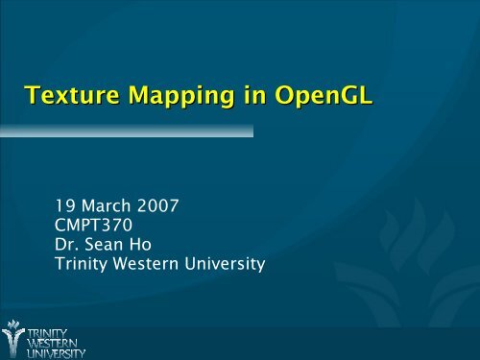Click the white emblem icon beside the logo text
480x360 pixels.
14,338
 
